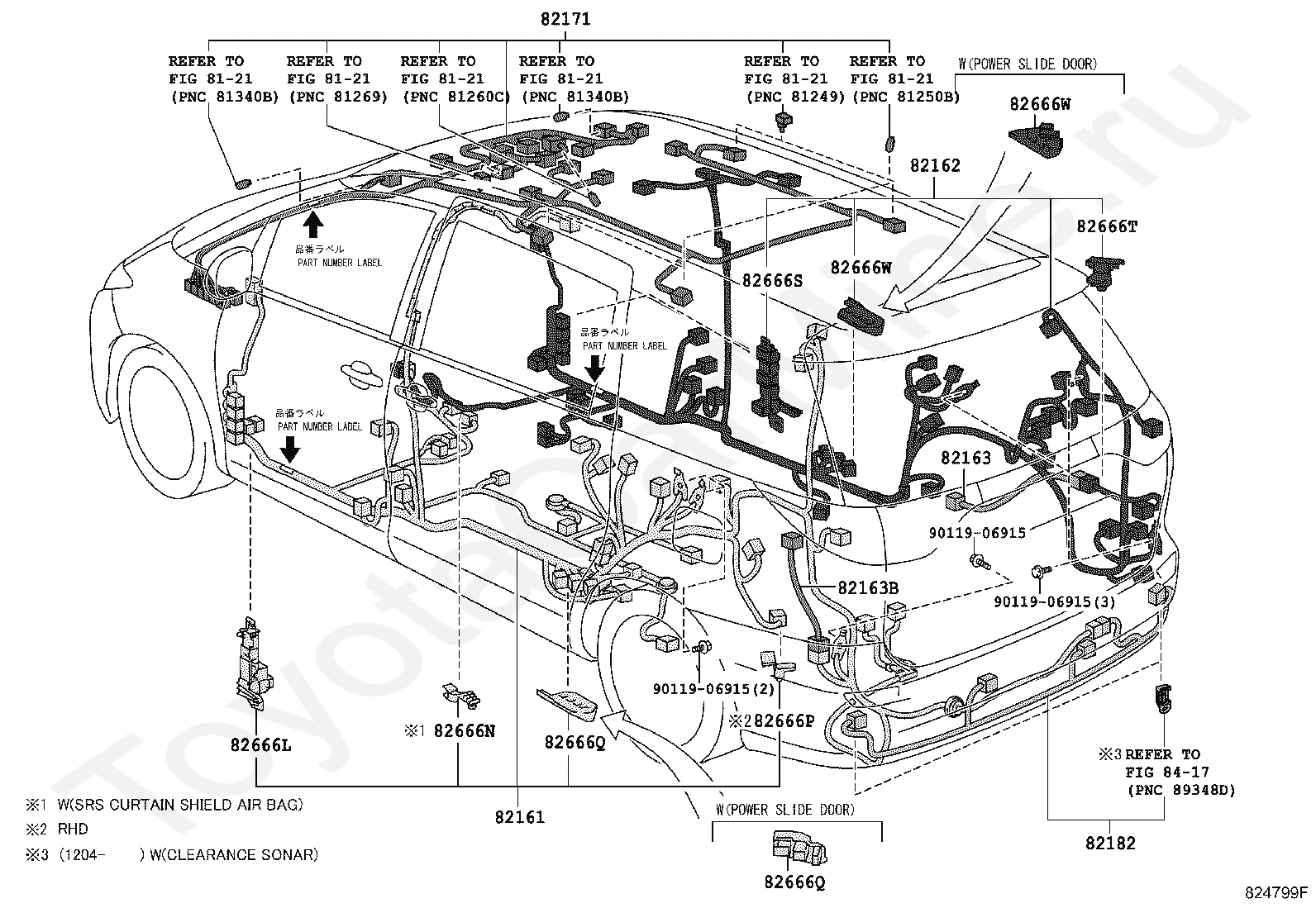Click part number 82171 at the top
tap(565, 19)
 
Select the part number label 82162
tap(935, 165)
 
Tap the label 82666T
tap(1106, 226)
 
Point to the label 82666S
tap(772, 280)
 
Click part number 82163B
tap(868, 587)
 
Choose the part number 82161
tap(520, 817)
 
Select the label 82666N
tap(465, 730)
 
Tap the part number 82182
tap(1110, 843)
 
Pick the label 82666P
tap(784, 720)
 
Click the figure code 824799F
tap(1276, 893)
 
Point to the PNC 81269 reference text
tap(338, 97)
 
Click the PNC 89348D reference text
tap(1181, 790)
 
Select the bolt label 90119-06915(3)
tap(1054, 602)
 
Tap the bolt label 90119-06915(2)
tap(713, 688)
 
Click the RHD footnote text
tap(73, 829)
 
